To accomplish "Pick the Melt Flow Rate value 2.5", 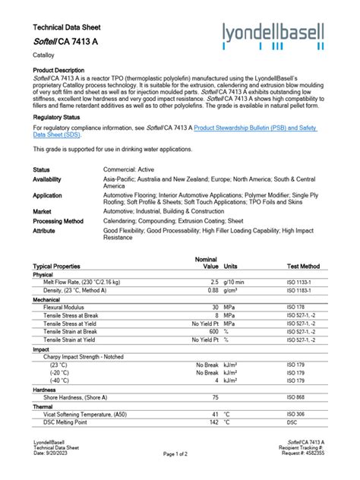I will tap(214, 282).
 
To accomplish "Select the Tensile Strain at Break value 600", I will tap(213, 331).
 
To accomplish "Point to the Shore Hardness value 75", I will tap(215, 397).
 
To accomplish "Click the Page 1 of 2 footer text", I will tap(179, 453).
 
